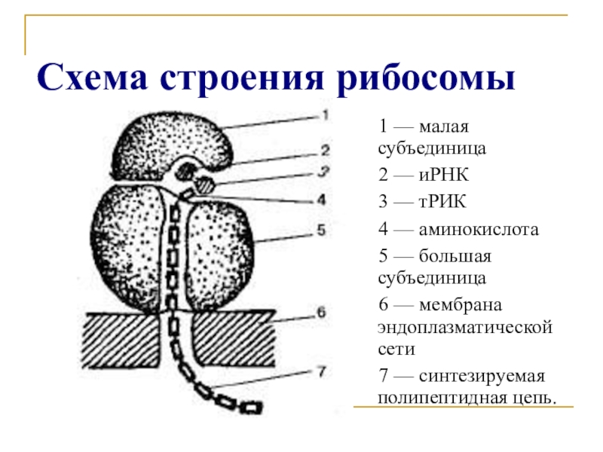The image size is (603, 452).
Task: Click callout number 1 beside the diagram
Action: pos(325,115)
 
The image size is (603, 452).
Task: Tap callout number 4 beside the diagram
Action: pos(322,200)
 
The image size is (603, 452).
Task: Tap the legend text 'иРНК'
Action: pos(440,176)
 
